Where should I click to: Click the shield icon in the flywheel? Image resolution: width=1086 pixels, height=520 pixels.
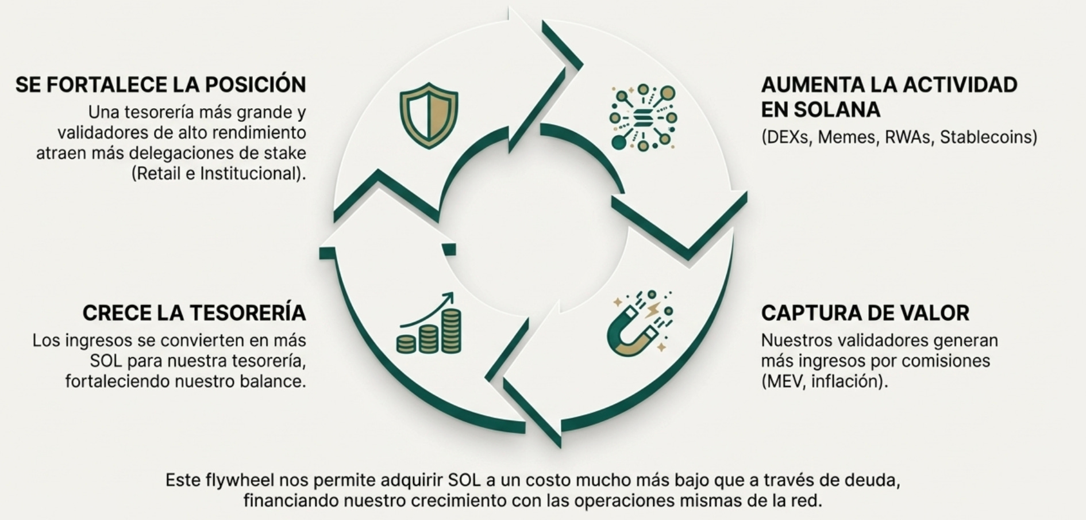[x=429, y=115]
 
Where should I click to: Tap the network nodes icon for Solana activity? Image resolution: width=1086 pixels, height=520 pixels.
[x=643, y=117]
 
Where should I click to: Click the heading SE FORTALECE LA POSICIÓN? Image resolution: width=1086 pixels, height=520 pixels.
[x=160, y=85]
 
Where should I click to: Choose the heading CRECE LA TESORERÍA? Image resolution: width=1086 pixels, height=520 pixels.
[x=194, y=313]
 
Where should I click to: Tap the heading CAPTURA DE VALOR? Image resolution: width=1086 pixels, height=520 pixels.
[x=865, y=313]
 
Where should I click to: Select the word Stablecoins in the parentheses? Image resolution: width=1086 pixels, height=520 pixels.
[x=988, y=137]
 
